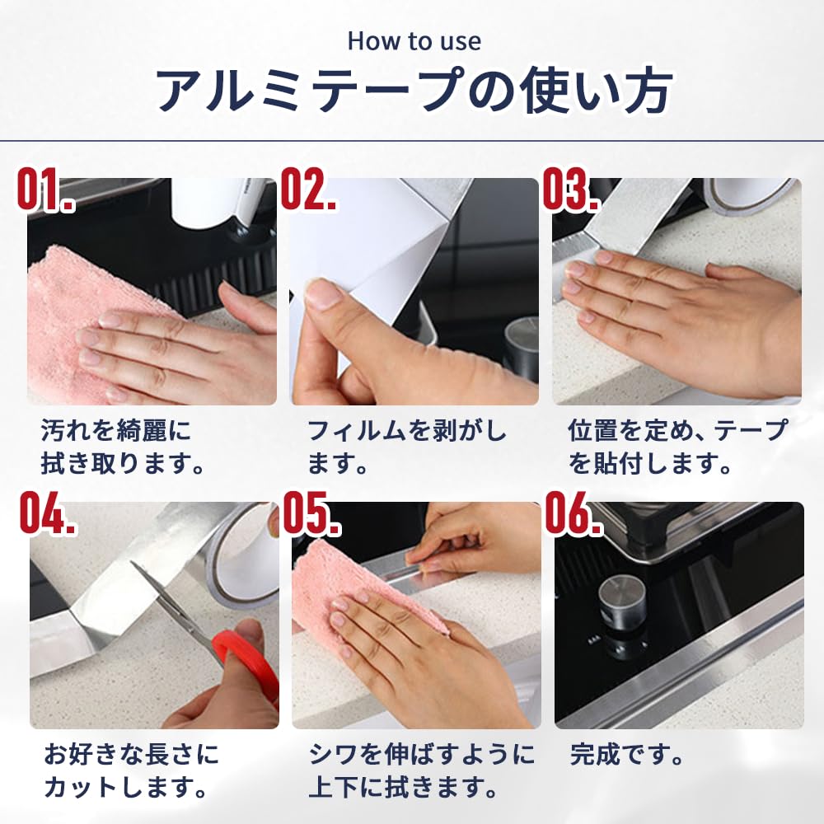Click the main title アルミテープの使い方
click(414, 90)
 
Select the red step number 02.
click(308, 190)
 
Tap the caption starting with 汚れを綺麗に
click(123, 447)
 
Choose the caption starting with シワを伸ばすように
click(421, 771)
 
